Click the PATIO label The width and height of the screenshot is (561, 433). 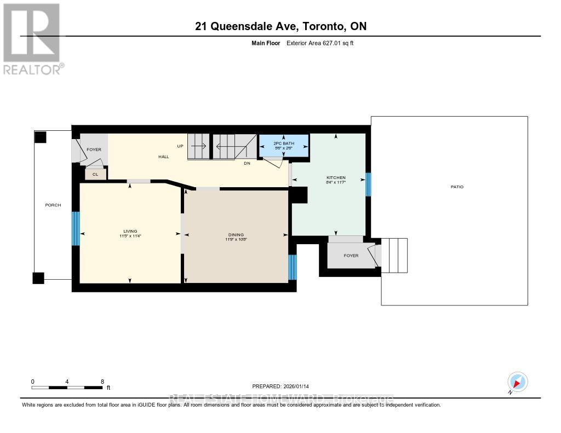pos(457,187)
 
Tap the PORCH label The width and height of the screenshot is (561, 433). pos(53,205)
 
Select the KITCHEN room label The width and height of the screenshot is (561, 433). pos(336,178)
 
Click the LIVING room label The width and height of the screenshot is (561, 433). pos(130,231)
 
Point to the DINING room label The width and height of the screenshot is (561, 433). pos(237,234)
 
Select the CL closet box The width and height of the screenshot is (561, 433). pos(95,174)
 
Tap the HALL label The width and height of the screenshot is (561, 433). pos(163,157)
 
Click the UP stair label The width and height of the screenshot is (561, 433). pos(180,147)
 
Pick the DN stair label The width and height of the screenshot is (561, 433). pos(247,163)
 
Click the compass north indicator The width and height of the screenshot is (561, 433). pos(517,382)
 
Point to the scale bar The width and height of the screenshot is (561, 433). pos(67,388)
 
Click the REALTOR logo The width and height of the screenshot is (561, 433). pos(32,38)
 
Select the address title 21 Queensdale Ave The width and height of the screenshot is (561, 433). pos(280,26)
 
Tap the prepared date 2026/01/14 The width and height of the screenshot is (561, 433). pos(284,386)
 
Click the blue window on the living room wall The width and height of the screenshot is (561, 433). pos(76,229)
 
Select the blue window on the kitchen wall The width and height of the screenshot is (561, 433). pos(368,184)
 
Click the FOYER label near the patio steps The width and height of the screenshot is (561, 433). pos(350,255)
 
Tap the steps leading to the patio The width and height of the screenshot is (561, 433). pos(394,255)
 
